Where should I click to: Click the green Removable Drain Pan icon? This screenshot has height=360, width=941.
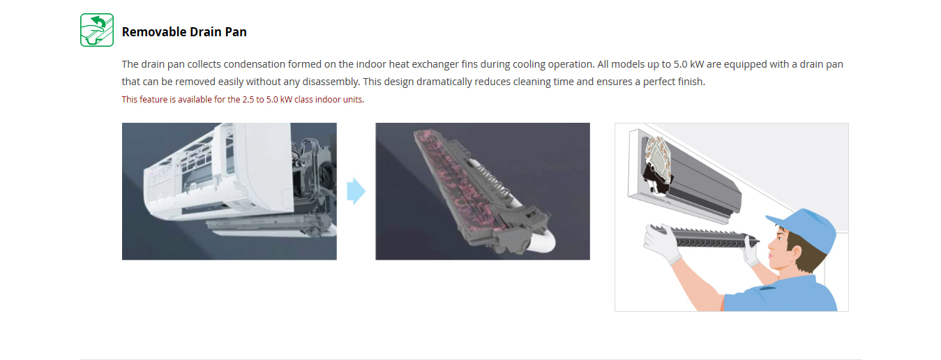click(x=97, y=30)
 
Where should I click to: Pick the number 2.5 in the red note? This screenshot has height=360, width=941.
click(x=248, y=100)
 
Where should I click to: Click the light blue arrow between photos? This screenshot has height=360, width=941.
click(x=356, y=191)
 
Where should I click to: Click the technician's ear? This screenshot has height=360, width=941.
click(x=795, y=253)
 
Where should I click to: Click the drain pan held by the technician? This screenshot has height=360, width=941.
click(x=704, y=237)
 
